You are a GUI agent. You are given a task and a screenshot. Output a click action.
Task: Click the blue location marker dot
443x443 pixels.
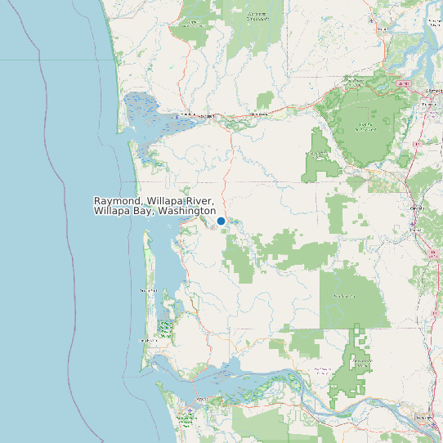[x=221, y=221]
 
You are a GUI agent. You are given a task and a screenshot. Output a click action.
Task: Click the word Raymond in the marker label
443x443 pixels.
[x=117, y=201]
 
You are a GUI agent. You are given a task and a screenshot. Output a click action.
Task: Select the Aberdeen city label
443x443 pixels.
[x=205, y=116]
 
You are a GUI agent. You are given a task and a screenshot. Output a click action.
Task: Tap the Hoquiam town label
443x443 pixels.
[x=187, y=114]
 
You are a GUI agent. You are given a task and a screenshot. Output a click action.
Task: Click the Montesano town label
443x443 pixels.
[x=259, y=114]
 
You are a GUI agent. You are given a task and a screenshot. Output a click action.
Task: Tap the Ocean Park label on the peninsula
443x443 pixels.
[x=148, y=290]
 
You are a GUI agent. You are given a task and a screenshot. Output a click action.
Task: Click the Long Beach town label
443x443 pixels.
[x=147, y=340]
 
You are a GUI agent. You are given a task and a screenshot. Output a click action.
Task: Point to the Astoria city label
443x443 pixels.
[x=202, y=400]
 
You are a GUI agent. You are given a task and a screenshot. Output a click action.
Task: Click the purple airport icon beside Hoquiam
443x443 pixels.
[x=177, y=117]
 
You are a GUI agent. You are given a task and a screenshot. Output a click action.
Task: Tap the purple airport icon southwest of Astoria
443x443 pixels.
[x=190, y=410]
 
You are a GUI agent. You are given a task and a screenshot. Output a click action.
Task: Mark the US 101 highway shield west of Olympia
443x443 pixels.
[x=401, y=83]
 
